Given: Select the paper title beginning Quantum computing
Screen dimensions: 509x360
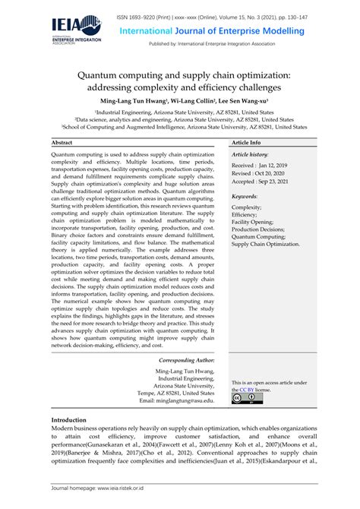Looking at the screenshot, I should [179, 83].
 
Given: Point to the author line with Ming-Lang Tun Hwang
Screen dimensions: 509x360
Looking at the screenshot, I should [179, 100].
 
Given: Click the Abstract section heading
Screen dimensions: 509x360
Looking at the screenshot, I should [62, 142].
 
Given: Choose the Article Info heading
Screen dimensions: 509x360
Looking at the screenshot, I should [247, 142].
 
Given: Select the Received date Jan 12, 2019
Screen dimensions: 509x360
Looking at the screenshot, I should [259, 166].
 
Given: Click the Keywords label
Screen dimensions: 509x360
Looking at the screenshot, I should [245, 197].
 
